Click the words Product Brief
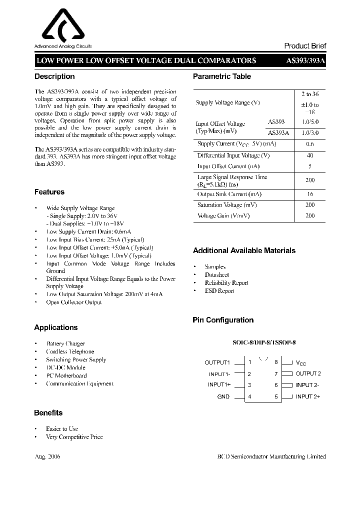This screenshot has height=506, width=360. click(305, 45)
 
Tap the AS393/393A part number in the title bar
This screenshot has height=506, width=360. click(305, 60)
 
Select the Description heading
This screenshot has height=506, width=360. click(54, 76)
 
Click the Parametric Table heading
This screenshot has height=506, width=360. click(222, 76)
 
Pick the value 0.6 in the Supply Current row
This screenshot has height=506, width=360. click(309, 144)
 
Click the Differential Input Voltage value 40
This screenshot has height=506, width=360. click(309, 155)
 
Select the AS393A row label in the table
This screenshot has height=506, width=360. click(277, 133)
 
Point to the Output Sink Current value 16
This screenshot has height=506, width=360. click(309, 194)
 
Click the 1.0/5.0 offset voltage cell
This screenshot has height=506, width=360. click(309, 122)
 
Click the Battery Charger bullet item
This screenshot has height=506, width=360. click(65, 343)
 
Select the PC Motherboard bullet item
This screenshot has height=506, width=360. click(66, 375)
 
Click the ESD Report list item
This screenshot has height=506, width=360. click(219, 291)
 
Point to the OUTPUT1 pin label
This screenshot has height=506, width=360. click(217, 362)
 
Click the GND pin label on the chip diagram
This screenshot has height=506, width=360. click(223, 396)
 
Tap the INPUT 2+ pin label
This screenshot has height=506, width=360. click(308, 396)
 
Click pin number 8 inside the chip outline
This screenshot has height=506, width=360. click(276, 362)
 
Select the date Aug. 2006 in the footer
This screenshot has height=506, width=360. click(47, 456)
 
